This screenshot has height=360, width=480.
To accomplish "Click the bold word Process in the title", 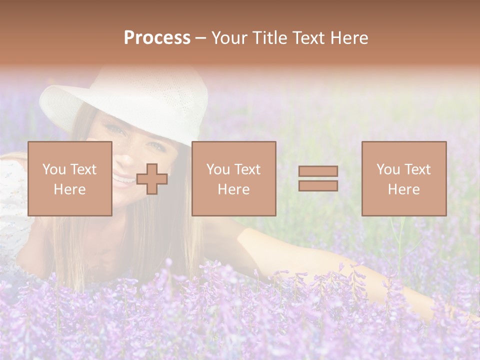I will point(157,38).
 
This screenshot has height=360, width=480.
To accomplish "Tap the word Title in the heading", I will point(270,38).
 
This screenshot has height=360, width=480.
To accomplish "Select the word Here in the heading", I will point(348,38).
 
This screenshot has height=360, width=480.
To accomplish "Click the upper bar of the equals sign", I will point(318,171).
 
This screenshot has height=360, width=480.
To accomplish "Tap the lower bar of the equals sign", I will point(318,185).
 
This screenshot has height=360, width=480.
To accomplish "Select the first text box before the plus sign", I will point(69,178).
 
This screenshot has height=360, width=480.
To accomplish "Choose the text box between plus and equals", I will point(233,178).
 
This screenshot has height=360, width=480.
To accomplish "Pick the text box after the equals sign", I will point(403,178).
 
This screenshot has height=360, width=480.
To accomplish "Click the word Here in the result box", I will point(403,189).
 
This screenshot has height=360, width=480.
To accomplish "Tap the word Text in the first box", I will point(83,169).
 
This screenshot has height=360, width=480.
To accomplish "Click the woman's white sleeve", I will point(12,200).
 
